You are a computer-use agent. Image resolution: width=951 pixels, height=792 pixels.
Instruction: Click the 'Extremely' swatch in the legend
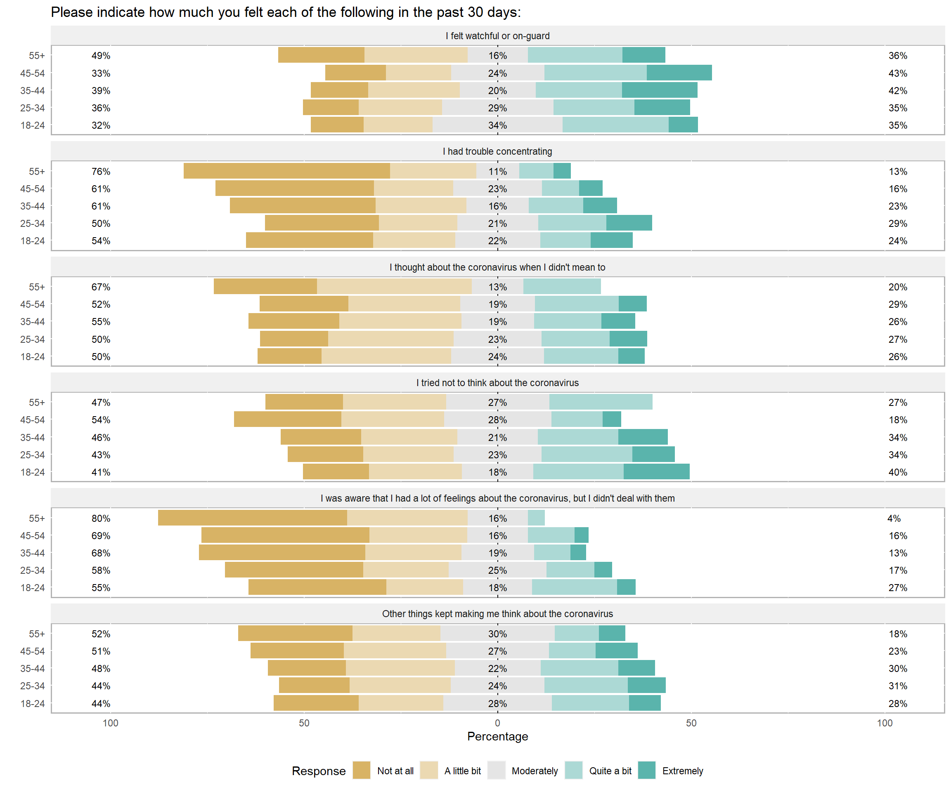click(646, 770)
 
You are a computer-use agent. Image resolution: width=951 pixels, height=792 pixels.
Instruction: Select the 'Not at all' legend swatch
click(362, 770)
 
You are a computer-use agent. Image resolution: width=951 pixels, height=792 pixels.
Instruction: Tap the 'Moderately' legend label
click(535, 771)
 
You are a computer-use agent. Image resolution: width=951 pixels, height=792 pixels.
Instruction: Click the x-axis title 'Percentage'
click(497, 736)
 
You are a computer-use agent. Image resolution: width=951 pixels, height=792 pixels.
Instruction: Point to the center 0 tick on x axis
click(497, 723)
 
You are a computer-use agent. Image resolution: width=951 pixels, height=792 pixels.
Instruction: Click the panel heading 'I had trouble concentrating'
click(497, 151)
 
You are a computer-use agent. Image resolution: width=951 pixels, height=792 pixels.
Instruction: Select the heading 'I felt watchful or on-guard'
click(497, 36)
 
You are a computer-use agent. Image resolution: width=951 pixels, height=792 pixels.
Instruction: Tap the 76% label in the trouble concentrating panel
click(101, 172)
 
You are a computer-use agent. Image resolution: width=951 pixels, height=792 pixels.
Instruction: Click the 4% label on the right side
click(894, 518)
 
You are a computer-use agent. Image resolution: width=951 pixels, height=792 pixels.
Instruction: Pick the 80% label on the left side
click(101, 518)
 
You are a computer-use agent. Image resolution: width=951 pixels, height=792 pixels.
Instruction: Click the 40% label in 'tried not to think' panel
click(898, 472)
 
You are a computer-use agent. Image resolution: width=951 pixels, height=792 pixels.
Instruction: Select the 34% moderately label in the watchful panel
click(497, 125)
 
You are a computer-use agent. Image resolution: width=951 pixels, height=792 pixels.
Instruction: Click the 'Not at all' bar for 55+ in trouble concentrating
click(286, 171)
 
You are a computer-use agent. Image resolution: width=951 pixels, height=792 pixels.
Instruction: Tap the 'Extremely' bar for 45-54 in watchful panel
click(679, 73)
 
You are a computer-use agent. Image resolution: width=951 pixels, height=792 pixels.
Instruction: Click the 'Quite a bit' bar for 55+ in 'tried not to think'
click(601, 402)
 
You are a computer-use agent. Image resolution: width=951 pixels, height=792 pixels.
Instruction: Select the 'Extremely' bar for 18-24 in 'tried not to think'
click(656, 471)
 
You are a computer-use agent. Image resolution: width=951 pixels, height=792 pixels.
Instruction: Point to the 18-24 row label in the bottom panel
click(33, 703)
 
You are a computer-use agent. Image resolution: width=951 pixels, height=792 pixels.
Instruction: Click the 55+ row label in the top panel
click(37, 56)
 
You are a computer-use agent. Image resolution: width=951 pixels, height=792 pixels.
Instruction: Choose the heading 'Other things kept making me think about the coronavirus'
click(497, 614)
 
